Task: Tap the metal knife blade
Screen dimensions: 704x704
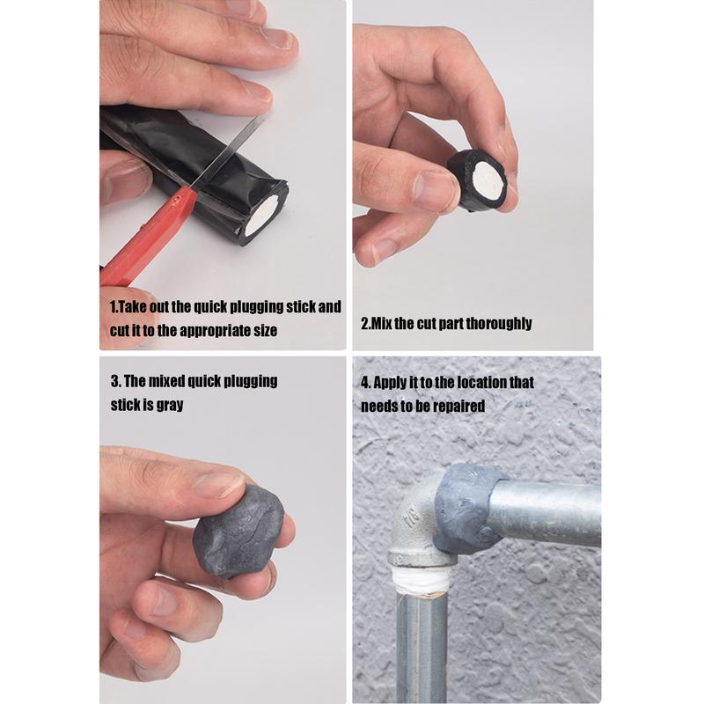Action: point(229,150)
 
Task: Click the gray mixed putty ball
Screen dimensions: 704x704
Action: point(238,532)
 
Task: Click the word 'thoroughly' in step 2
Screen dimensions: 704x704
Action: point(499,323)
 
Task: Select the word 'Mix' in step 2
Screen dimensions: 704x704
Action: point(381,323)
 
